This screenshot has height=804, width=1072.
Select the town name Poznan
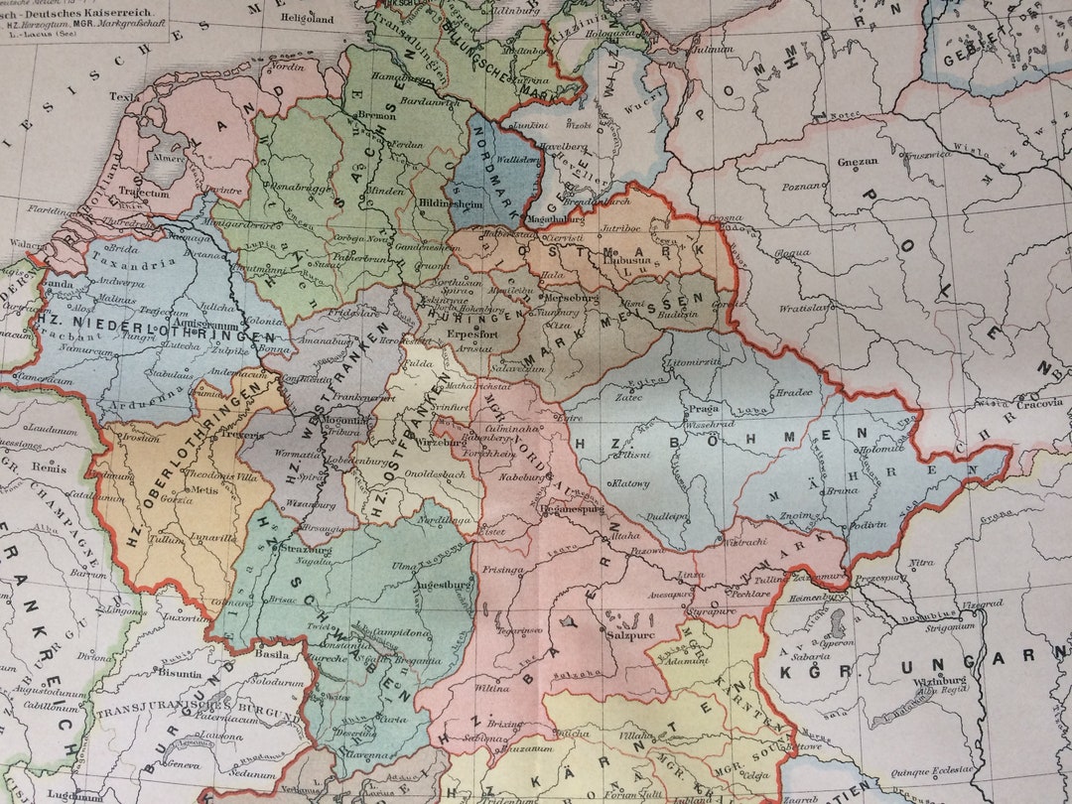tap(799, 186)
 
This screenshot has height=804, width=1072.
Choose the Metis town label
tap(205, 489)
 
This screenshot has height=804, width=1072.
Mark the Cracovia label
tap(1038, 403)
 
